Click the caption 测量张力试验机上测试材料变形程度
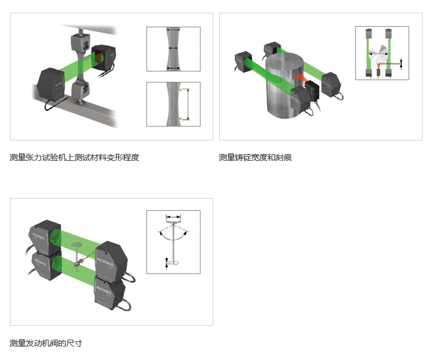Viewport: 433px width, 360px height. [74, 157]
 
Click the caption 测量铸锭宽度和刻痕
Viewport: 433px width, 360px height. [255, 157]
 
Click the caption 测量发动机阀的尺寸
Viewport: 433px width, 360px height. [46, 343]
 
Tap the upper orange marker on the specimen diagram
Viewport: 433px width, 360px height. [180, 90]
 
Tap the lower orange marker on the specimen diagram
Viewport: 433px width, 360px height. [180, 118]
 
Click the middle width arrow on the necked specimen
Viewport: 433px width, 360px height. [173, 48]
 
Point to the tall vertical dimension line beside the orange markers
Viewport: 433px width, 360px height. [188, 105]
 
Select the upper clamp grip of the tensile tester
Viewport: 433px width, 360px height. [80, 43]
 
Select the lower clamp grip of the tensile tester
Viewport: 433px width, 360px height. [80, 91]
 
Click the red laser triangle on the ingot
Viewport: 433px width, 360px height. [300, 78]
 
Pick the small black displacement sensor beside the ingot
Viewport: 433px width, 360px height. [312, 91]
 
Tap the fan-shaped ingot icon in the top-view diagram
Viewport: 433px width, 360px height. [378, 54]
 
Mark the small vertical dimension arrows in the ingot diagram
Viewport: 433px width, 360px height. [401, 63]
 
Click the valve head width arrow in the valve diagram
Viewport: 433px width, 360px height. [173, 217]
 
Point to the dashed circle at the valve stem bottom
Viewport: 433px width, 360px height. [176, 262]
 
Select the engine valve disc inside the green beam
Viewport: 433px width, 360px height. [77, 244]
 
